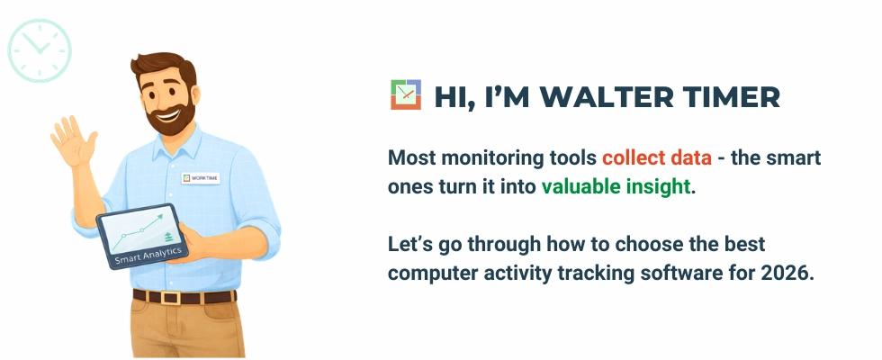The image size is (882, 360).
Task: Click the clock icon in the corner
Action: click(39, 49)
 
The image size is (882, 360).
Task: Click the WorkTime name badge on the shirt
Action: click(200, 178)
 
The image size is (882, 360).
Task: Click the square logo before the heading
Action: click(406, 94)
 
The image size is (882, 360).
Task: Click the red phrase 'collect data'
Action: click(657, 158)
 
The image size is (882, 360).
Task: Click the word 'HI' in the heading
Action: click(449, 97)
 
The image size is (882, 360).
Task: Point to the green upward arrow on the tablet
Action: click(165, 217)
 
